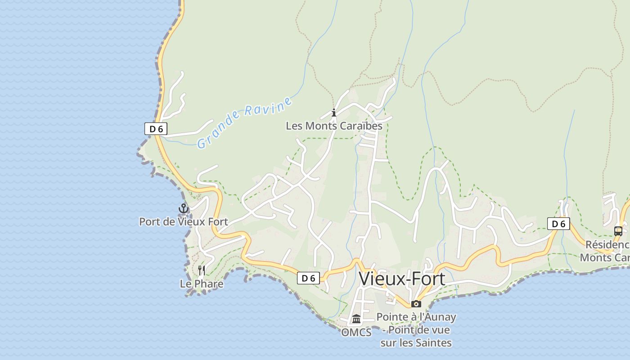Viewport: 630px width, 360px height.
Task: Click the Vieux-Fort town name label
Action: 402,279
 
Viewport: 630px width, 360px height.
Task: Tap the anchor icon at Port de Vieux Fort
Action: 183,208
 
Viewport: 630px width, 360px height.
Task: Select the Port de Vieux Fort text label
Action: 183,222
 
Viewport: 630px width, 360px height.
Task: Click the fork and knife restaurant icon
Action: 202,270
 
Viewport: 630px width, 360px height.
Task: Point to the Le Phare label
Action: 201,284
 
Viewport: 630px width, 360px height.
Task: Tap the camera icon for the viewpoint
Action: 416,304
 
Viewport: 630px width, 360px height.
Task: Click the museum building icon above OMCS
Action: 356,319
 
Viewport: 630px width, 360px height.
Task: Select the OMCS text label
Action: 356,333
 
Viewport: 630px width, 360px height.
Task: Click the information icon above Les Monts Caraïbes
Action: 334,112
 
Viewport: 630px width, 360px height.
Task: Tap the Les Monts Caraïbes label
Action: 334,126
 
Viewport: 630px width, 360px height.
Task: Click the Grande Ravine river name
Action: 244,122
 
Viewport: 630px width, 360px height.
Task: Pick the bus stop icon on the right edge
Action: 618,231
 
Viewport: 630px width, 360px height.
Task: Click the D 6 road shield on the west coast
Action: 156,129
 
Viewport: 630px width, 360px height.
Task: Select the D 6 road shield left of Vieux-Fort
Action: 308,278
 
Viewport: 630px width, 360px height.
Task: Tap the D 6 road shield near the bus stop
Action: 558,224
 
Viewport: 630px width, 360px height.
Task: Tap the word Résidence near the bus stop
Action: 607,245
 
